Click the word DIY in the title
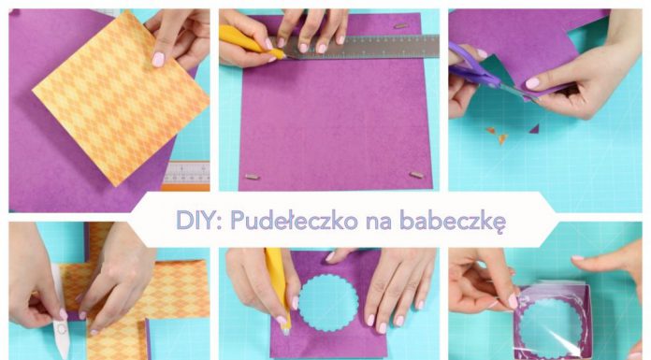(195, 221)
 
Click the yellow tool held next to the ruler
(249, 42)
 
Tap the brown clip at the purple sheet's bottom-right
(415, 174)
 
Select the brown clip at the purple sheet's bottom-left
(251, 176)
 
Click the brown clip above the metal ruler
(400, 25)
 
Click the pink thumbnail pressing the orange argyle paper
(159, 59)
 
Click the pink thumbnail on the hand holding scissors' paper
(532, 82)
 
